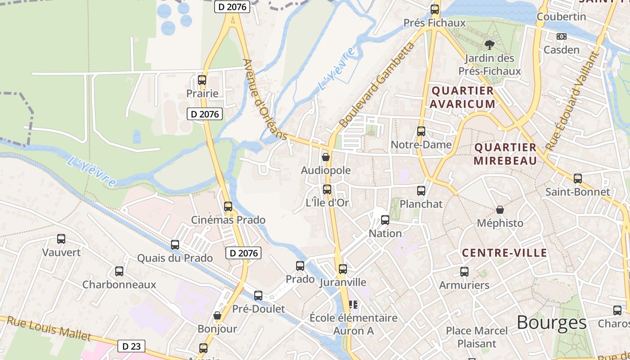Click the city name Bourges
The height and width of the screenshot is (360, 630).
point(551,323)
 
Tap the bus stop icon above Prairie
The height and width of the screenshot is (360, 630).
point(202,80)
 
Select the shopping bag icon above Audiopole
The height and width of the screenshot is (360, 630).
point(326,157)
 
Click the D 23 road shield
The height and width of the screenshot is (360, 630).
point(131,346)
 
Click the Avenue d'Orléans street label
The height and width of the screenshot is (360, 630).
point(265,99)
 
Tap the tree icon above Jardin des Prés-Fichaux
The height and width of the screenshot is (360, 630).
point(489,45)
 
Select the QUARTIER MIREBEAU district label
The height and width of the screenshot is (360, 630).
point(505,154)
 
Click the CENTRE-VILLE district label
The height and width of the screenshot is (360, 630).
point(504,253)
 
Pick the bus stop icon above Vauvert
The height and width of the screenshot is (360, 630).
point(61,239)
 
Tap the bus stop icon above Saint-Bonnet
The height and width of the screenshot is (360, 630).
point(578,179)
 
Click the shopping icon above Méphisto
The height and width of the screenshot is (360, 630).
point(499,210)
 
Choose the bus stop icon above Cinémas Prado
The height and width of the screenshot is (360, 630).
point(228,207)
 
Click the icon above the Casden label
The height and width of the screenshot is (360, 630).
point(561,36)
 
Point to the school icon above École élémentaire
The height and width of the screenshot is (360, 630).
point(353,305)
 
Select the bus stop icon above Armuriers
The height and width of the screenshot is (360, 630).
point(464,272)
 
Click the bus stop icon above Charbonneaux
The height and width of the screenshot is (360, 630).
point(119,271)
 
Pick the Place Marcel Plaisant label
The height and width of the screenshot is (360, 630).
point(477,337)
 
